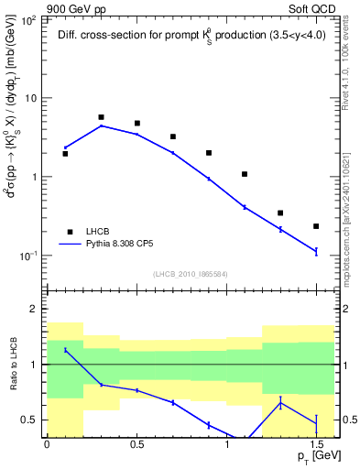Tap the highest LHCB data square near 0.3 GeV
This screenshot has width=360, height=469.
click(x=101, y=117)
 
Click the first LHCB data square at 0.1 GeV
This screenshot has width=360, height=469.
click(x=65, y=154)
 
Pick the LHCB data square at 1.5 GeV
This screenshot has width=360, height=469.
click(x=316, y=226)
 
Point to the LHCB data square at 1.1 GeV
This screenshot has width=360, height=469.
click(x=245, y=174)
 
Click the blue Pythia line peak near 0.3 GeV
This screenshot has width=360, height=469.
click(x=101, y=125)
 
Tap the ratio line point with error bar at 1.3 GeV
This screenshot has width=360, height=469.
click(x=280, y=402)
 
